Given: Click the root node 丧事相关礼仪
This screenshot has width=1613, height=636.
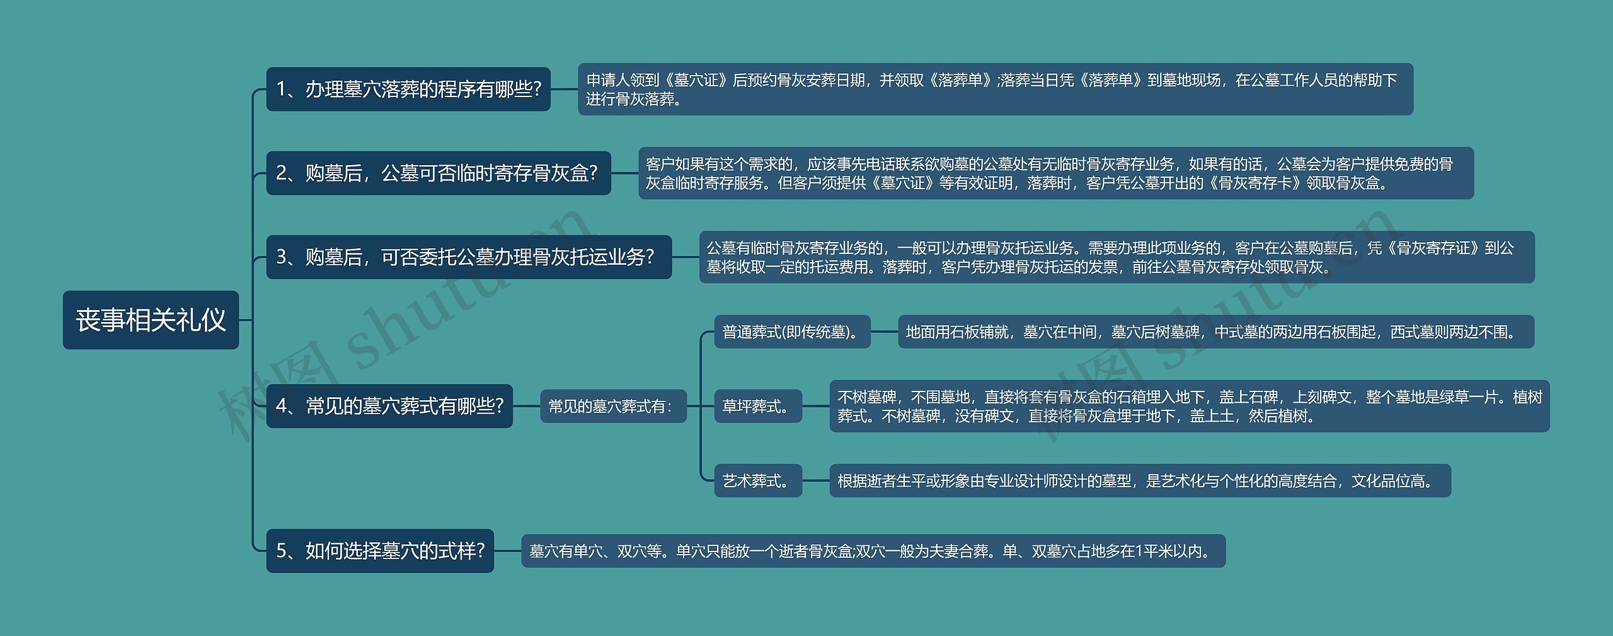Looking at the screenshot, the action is click(x=151, y=320).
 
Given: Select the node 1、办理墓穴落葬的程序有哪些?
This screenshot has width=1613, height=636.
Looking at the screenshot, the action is click(x=408, y=89).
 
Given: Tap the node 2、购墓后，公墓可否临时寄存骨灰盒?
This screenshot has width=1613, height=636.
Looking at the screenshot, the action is click(x=439, y=173).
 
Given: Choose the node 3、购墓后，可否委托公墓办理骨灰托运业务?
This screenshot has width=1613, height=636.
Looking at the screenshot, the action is click(x=469, y=257).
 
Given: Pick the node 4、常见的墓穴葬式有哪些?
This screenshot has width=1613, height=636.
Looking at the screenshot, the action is click(x=389, y=406).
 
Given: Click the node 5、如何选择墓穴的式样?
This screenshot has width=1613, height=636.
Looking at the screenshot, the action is click(x=380, y=551).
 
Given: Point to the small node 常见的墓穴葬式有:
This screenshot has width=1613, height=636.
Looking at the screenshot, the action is click(x=613, y=406).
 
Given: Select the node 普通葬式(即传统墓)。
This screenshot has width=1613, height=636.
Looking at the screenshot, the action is click(x=792, y=332).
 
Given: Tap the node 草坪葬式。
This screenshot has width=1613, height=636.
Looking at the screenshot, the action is click(x=758, y=406).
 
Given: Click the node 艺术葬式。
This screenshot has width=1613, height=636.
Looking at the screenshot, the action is click(x=758, y=481).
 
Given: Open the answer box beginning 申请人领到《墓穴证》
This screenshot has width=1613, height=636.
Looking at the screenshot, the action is click(x=996, y=89).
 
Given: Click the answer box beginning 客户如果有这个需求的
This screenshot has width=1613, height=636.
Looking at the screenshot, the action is click(x=1056, y=173).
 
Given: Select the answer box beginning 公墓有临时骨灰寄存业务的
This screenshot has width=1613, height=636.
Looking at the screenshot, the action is click(x=1116, y=257).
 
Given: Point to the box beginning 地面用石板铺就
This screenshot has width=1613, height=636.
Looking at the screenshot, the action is click(x=1215, y=332).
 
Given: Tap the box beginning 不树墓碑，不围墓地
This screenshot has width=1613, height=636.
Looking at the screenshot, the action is click(x=1189, y=406).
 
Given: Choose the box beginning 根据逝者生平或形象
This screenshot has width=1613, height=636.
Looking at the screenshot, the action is click(x=1140, y=481).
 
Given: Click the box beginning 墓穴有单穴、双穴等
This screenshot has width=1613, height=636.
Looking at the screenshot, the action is click(x=873, y=551).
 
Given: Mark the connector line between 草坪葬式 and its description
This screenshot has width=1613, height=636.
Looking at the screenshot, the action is click(x=816, y=406).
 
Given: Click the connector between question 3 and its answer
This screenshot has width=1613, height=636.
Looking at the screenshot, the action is click(x=686, y=257).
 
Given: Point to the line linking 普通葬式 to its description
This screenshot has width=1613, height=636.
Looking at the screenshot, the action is click(x=884, y=332).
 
